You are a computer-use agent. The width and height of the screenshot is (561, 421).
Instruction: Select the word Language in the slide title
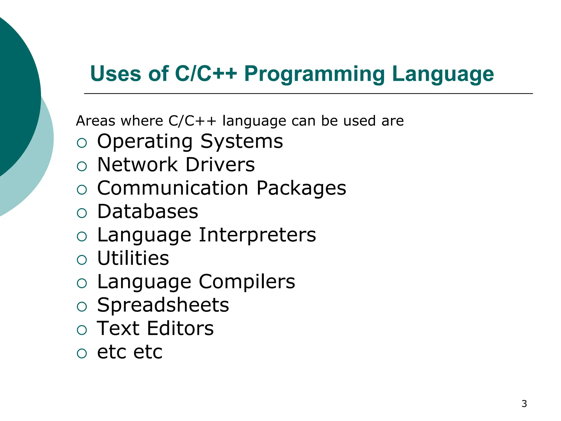click(x=443, y=74)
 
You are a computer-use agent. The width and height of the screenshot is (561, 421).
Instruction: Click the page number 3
click(x=524, y=404)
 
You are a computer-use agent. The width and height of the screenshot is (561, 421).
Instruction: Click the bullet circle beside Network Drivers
click(x=82, y=166)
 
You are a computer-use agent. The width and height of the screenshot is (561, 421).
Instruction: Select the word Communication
click(x=173, y=188)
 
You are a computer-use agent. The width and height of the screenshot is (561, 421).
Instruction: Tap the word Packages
click(x=301, y=189)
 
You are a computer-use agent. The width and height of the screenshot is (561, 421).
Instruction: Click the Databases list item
click(x=148, y=212)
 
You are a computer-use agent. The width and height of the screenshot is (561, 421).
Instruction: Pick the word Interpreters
click(x=257, y=235)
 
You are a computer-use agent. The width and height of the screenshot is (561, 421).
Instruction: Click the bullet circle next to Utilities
click(x=82, y=260)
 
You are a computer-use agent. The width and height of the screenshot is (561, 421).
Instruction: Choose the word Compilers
click(x=247, y=282)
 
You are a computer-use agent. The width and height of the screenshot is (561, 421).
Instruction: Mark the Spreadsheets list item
click(x=163, y=305)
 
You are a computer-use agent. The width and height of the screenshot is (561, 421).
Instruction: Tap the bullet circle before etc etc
click(x=82, y=353)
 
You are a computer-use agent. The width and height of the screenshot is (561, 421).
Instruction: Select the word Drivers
click(x=220, y=165)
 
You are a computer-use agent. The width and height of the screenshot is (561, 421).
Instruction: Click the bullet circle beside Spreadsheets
click(x=82, y=306)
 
